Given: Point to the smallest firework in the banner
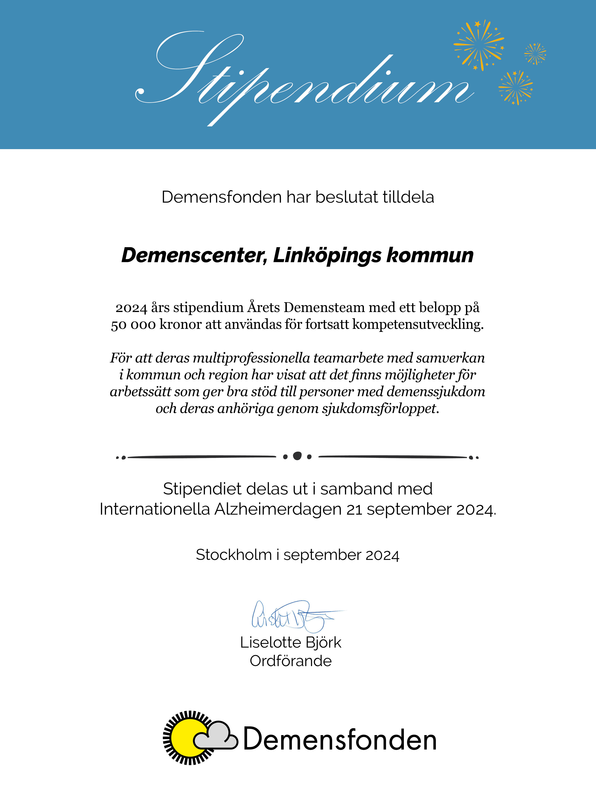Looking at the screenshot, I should [535, 54].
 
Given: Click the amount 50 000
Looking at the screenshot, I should [133, 324].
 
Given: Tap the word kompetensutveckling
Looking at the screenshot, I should [418, 324].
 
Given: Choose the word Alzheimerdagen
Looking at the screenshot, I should [278, 509].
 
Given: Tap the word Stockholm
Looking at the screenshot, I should [233, 555].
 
